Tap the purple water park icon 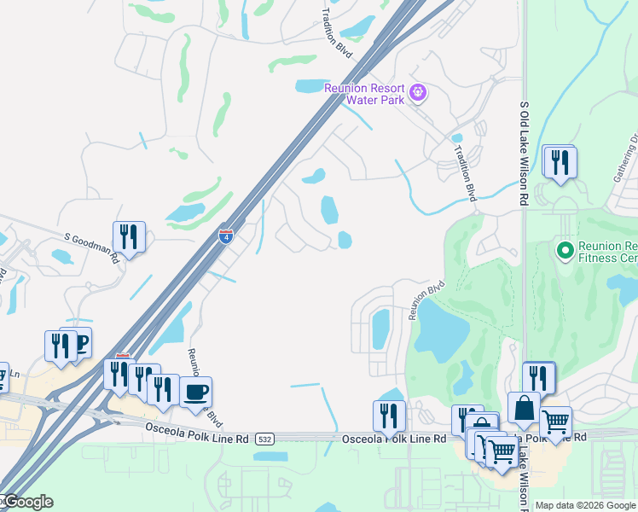418,92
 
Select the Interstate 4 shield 226,236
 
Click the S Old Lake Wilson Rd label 525,154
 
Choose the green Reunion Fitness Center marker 564,250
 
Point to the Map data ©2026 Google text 585,505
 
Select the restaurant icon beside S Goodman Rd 129,236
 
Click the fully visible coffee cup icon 196,392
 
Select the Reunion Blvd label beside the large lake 427,300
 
